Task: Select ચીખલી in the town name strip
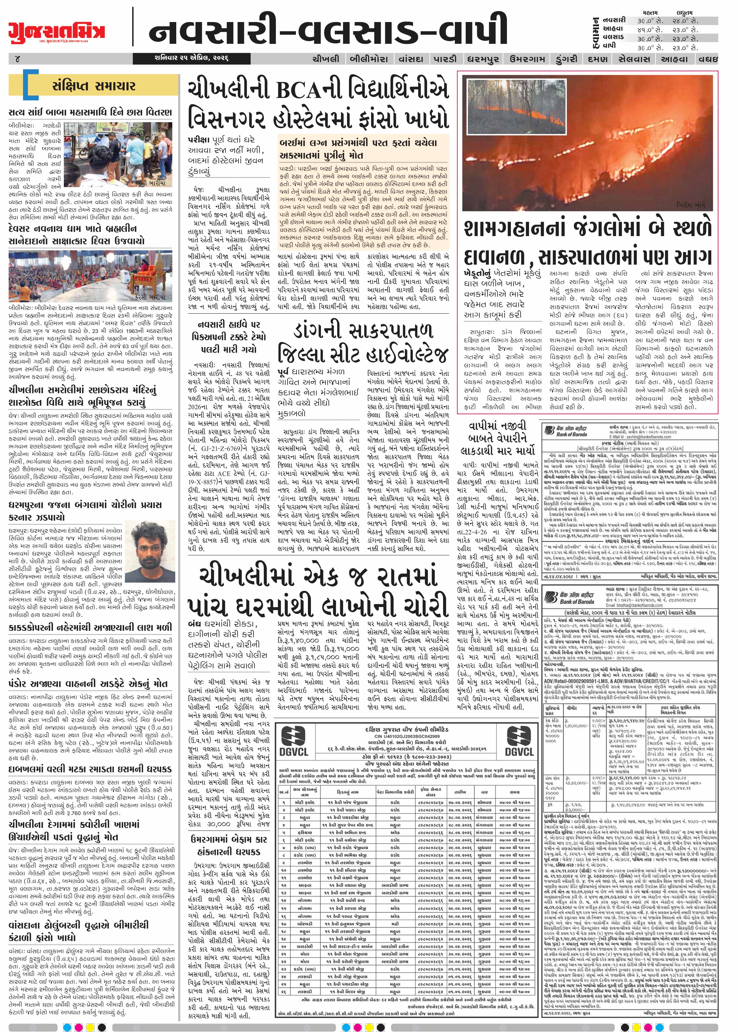(325, 59)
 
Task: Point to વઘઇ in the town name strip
(709, 59)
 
